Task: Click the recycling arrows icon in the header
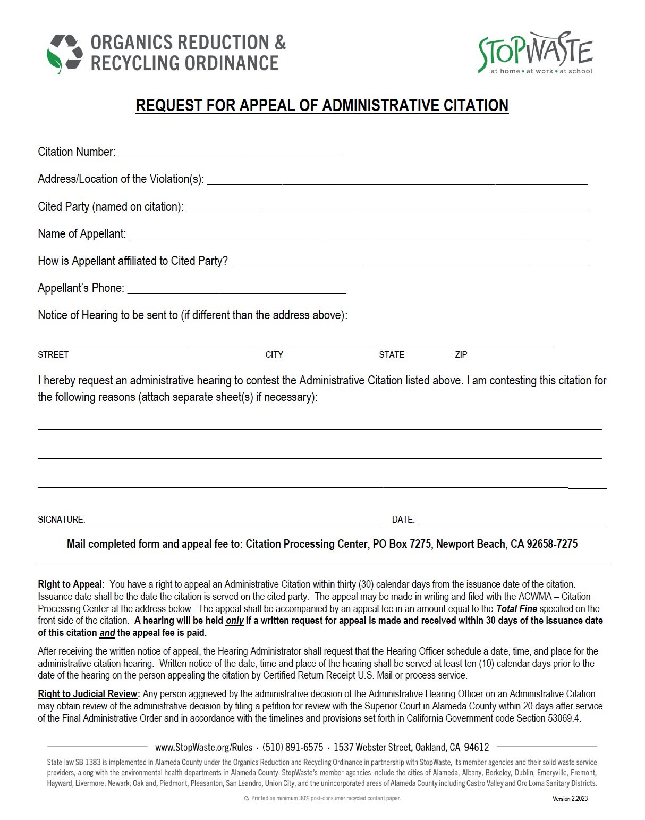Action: [65, 53]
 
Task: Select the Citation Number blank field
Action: [231, 153]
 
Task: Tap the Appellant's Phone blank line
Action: [236, 289]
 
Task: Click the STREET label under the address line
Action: [53, 355]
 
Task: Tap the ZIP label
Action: [461, 355]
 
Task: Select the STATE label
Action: [392, 355]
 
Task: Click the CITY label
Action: [274, 355]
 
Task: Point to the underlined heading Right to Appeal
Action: [70, 584]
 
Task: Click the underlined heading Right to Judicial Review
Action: [88, 694]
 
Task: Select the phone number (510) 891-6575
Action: [293, 747]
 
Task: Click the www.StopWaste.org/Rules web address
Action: [203, 747]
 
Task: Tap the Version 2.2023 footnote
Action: [570, 798]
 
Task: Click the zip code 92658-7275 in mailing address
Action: [552, 544]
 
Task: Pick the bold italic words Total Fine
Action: [516, 609]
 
